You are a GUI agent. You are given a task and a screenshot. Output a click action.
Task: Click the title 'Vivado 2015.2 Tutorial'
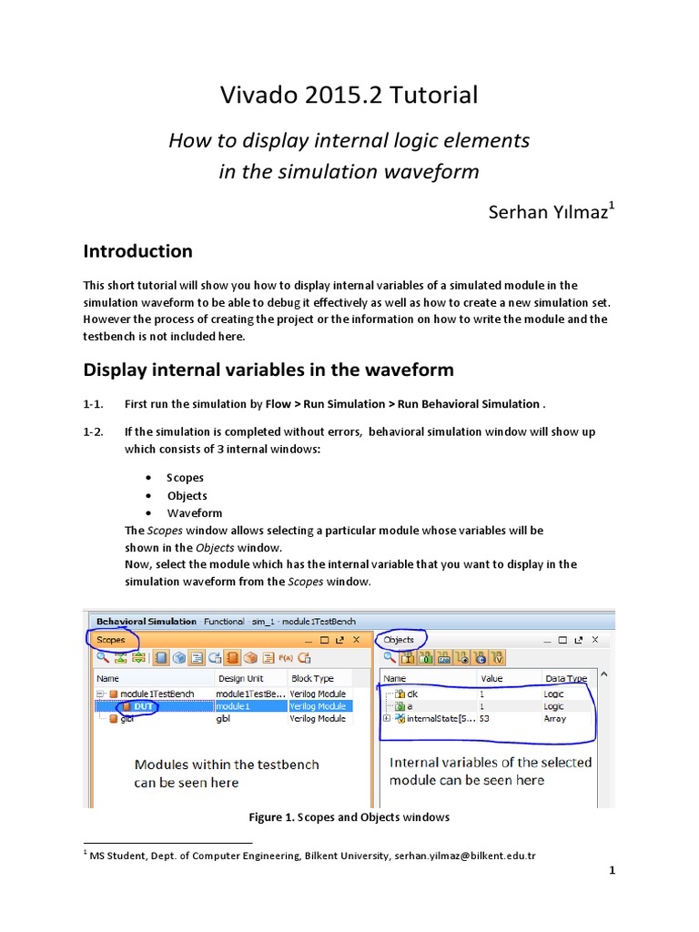[349, 95]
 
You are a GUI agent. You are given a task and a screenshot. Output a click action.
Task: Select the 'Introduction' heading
[137, 251]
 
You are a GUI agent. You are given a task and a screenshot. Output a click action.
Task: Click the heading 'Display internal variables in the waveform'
[268, 370]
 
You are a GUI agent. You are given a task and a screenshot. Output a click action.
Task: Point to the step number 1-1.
[95, 404]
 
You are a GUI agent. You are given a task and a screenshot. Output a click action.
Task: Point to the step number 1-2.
[95, 431]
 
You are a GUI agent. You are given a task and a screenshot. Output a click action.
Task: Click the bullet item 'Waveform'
[194, 512]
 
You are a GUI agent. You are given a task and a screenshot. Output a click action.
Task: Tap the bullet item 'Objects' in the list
[187, 495]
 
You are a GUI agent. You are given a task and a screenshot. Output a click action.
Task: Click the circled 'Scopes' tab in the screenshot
[111, 640]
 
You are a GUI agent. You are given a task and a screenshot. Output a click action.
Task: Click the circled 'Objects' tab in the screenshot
[399, 640]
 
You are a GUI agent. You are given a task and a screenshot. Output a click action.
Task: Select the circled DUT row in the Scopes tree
[143, 706]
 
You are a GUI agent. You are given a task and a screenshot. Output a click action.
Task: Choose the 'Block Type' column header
[312, 678]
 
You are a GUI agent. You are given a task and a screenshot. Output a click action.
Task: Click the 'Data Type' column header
[565, 678]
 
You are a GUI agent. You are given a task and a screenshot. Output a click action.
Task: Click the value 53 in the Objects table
[485, 719]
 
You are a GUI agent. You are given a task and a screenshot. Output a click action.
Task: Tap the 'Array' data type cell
[554, 719]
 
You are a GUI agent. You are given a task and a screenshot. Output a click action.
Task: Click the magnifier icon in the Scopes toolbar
[103, 658]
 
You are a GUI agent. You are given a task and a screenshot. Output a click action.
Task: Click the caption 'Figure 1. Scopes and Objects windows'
[349, 817]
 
